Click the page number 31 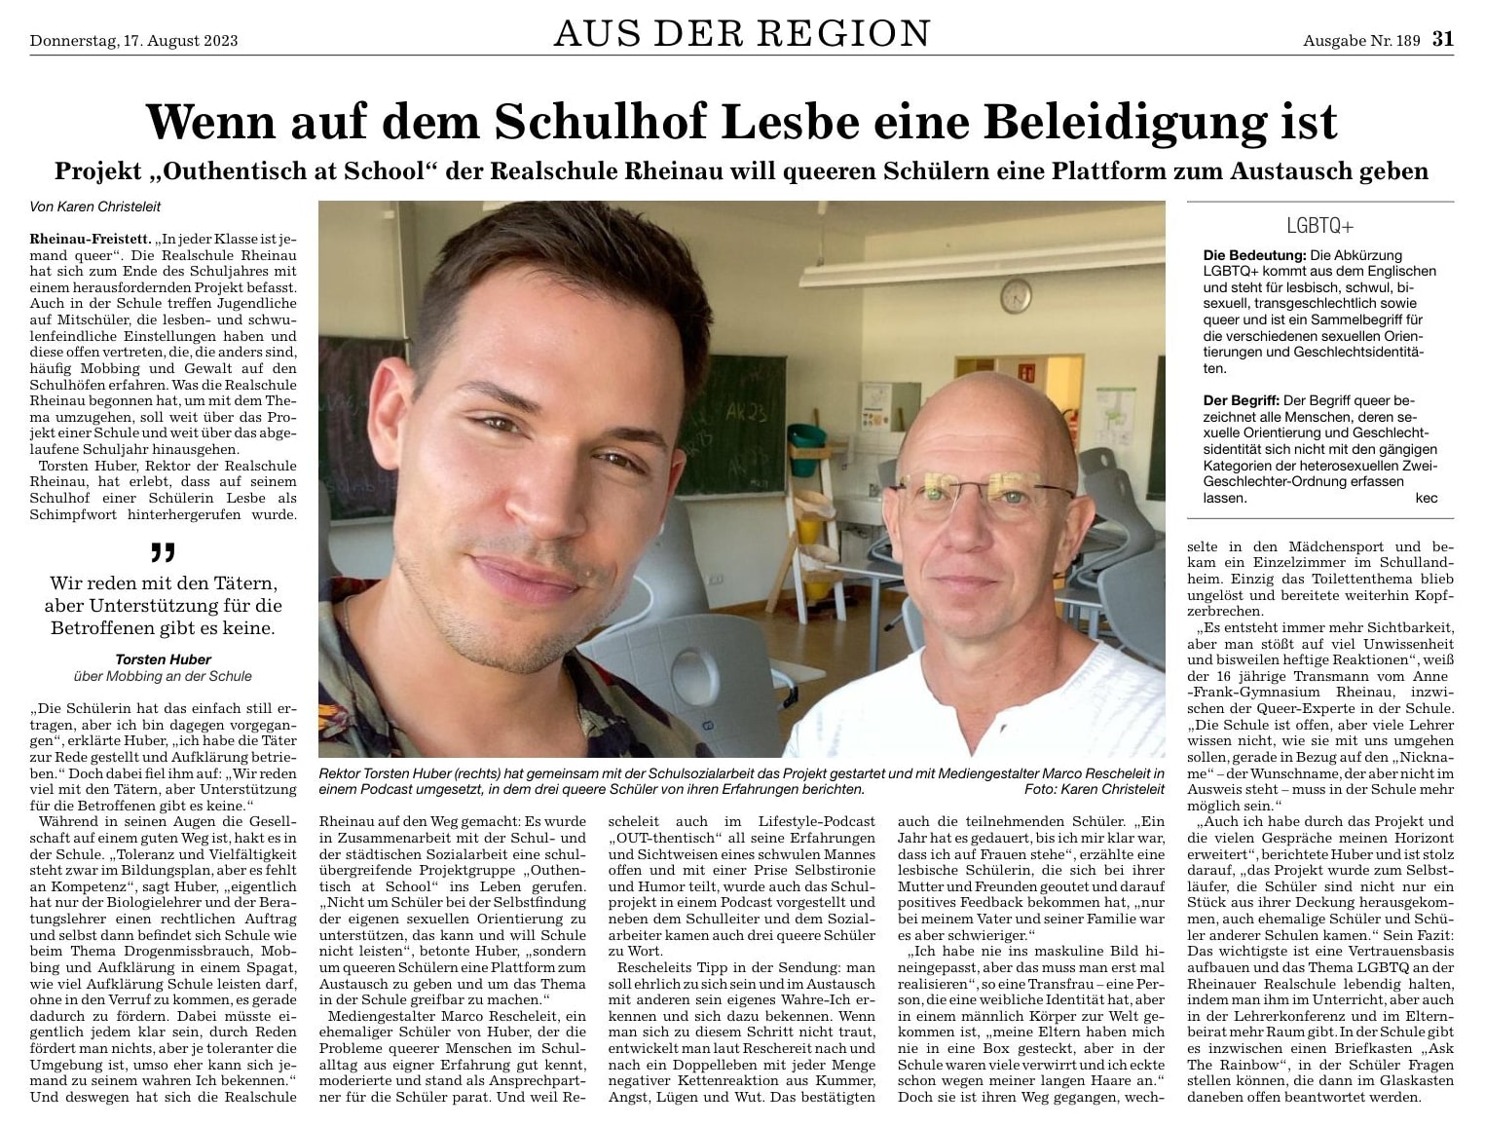pyautogui.click(x=1442, y=39)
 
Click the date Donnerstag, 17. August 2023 pyautogui.click(x=133, y=41)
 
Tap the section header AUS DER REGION pyautogui.click(x=742, y=34)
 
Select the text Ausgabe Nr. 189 pyautogui.click(x=1361, y=41)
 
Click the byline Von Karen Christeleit pyautogui.click(x=95, y=207)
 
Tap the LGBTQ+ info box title pyautogui.click(x=1319, y=226)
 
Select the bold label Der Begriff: pyautogui.click(x=1242, y=400)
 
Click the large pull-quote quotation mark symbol pyautogui.click(x=163, y=553)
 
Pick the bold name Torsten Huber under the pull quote pyautogui.click(x=163, y=659)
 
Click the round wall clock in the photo pyautogui.click(x=1016, y=294)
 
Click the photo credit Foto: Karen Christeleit pyautogui.click(x=1094, y=789)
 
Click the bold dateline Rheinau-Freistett pyautogui.click(x=90, y=239)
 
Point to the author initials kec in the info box pyautogui.click(x=1426, y=498)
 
